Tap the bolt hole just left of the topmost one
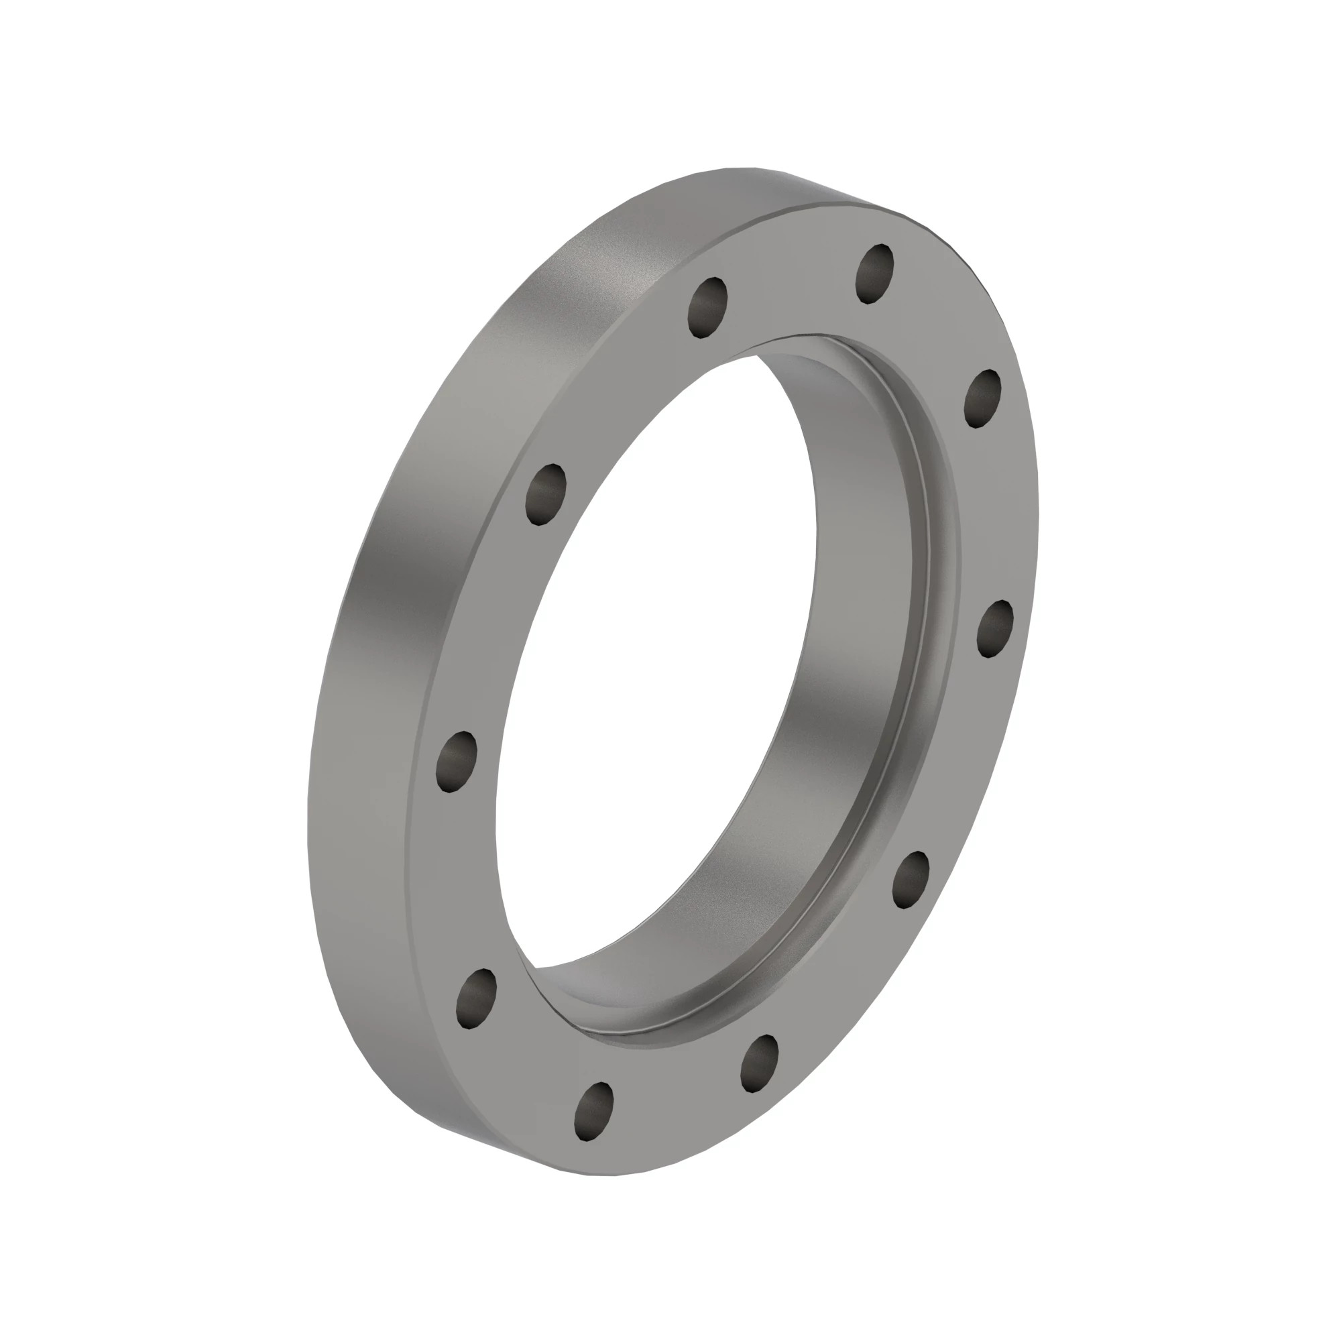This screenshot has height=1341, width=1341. [x=708, y=308]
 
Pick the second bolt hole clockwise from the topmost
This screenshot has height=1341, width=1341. [x=994, y=628]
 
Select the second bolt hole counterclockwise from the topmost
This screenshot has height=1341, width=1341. [x=546, y=494]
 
